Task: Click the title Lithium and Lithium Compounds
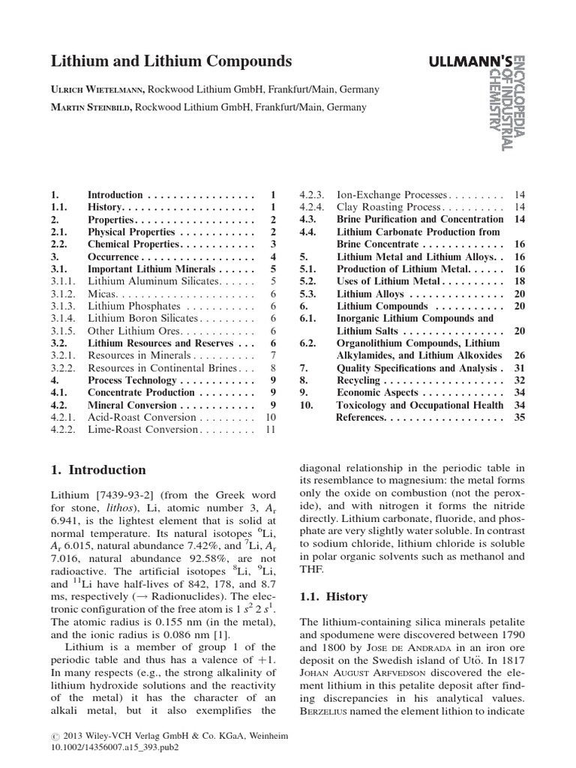click(171, 61)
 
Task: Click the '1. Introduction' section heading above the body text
click(98, 470)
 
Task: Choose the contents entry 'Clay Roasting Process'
click(384, 206)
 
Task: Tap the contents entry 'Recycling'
click(358, 380)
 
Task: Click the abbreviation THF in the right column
click(311, 568)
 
